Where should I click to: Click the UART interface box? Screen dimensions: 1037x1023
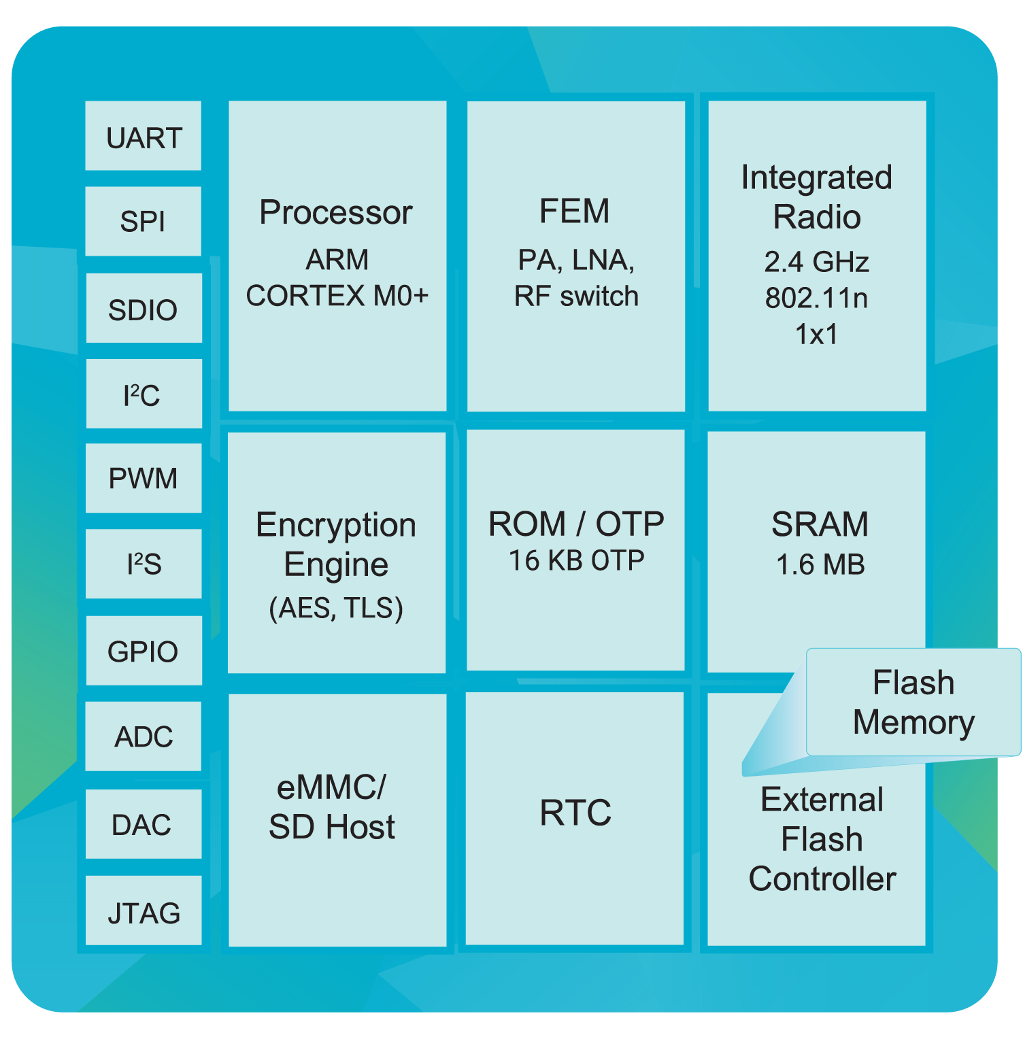point(144,137)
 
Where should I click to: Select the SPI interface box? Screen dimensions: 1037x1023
point(144,222)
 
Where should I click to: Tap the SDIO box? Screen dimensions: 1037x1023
point(144,309)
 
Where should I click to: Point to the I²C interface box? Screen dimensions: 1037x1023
point(144,394)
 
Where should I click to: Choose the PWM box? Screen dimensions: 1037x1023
point(144,479)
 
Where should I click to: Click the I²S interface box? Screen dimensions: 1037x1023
point(144,564)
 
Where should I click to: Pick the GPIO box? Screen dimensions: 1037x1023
point(144,651)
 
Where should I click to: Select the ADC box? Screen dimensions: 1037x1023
point(144,736)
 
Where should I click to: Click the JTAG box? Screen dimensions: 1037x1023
point(144,912)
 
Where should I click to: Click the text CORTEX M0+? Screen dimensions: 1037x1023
point(337,296)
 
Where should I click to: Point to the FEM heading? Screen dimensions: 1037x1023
point(575,211)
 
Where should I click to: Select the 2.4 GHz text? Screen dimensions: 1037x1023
point(816,262)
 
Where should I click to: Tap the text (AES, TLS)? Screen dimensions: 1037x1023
point(337,607)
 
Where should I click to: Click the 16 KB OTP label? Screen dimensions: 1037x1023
point(576,561)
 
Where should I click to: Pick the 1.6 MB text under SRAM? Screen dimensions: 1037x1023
point(820,564)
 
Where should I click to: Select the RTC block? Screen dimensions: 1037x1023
point(575,813)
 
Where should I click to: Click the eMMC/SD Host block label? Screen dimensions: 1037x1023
point(333,807)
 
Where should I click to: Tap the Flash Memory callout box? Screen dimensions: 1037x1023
point(913,702)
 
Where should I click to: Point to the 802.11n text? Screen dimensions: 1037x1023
point(816,298)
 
